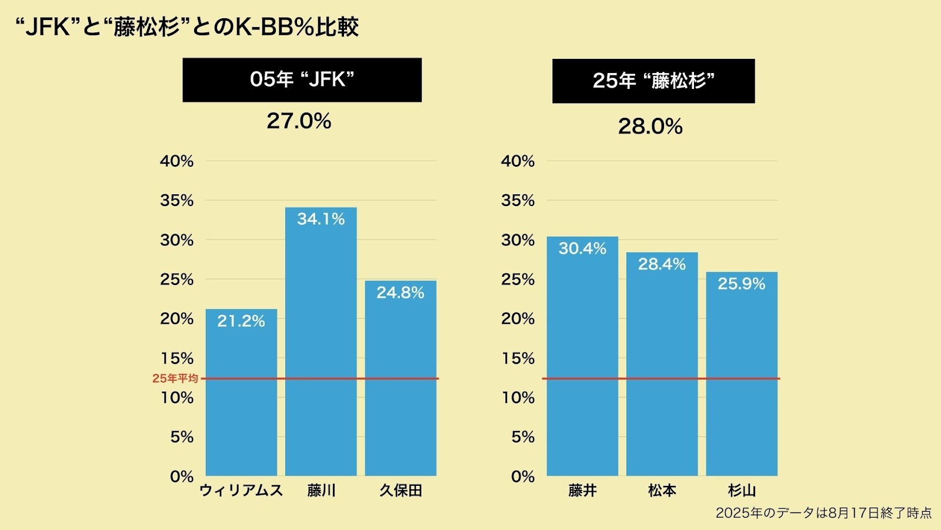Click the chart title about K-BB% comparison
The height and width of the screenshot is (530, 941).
click(x=186, y=27)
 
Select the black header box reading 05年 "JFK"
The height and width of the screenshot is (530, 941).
click(x=302, y=79)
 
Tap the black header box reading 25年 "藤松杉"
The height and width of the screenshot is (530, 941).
click(x=653, y=81)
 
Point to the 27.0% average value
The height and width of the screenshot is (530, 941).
click(x=299, y=121)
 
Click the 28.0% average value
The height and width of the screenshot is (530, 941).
click(x=650, y=127)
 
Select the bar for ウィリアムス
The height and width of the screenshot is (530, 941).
click(x=241, y=400)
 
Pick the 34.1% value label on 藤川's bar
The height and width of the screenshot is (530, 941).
click(x=321, y=219)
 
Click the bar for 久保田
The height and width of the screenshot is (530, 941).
click(x=401, y=389)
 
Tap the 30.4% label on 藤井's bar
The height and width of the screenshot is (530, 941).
click(x=582, y=249)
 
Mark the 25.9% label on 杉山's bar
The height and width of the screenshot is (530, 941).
click(x=741, y=284)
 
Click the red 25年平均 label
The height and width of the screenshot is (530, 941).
click(x=175, y=379)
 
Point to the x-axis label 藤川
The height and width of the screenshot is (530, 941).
click(x=321, y=491)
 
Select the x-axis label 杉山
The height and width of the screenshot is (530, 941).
click(x=742, y=491)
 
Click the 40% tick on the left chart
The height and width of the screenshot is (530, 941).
click(x=176, y=161)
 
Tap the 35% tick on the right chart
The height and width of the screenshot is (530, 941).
click(x=518, y=201)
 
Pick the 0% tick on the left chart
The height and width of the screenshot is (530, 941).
click(x=182, y=476)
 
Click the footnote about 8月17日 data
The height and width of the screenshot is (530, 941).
click(x=823, y=513)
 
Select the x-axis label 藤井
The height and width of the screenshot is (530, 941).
click(x=582, y=491)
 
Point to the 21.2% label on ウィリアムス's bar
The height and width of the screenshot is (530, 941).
click(x=241, y=321)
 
